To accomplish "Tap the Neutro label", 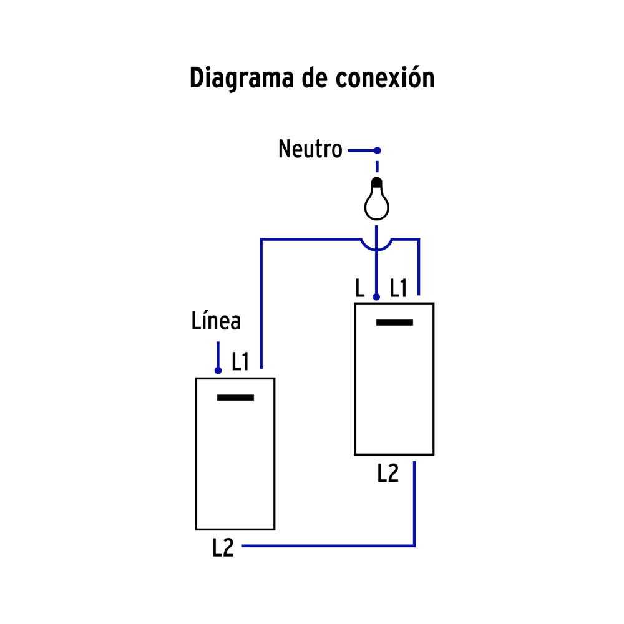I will tap(310, 150).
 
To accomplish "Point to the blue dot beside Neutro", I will tap(377, 150).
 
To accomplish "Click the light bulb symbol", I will tap(377, 202).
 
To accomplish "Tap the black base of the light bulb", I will tap(377, 183).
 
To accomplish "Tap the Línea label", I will tap(216, 321).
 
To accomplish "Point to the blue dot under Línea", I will tap(218, 371).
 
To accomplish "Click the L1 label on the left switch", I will tap(240, 362).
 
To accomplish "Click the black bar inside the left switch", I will tap(235, 397).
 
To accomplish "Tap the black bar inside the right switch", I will tap(394, 323).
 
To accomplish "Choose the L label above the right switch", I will tap(359, 288).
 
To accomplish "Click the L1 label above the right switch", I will tap(398, 288).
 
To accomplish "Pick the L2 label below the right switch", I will tap(388, 474).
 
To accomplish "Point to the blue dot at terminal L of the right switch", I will tap(376, 297).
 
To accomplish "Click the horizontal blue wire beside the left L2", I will tap(324, 546).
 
